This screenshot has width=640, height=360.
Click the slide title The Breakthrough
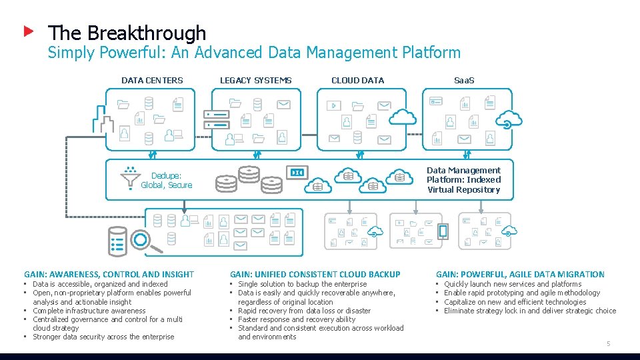(127, 33)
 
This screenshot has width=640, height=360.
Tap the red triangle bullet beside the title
(28, 31)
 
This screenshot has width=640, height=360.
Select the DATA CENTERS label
(152, 81)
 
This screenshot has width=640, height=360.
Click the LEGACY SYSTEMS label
(255, 81)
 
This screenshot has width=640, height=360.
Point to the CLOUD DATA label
(357, 81)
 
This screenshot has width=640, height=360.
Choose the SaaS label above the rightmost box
(464, 81)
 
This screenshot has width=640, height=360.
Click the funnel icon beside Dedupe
(130, 178)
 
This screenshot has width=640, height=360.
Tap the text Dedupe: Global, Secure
(167, 181)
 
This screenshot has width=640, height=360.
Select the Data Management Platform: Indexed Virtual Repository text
(463, 180)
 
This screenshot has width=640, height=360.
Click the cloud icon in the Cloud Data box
(402, 117)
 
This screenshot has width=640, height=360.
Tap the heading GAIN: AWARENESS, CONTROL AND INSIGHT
(109, 274)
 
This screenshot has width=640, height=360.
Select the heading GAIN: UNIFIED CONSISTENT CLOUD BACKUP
(315, 274)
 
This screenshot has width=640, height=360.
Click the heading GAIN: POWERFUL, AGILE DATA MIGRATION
(520, 274)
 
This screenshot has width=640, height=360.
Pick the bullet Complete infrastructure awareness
(89, 311)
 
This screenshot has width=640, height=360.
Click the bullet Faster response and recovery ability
(297, 319)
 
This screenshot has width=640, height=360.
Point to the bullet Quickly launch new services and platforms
(512, 284)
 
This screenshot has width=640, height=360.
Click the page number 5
(607, 343)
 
